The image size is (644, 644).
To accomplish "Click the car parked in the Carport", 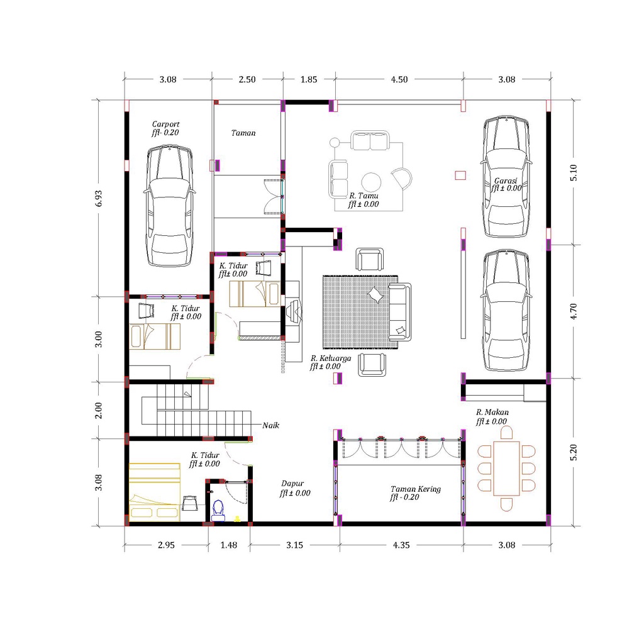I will (x=169, y=206).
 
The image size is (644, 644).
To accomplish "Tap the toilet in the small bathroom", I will (x=218, y=508).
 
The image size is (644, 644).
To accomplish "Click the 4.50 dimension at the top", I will (x=399, y=79).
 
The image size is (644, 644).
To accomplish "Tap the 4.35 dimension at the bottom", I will (x=401, y=545).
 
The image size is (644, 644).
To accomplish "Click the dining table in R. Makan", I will (x=506, y=468).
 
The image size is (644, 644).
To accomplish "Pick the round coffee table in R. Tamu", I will (x=371, y=181).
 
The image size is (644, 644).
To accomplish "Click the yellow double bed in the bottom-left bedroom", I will (x=154, y=492).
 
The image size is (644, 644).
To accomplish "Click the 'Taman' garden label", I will (x=243, y=133).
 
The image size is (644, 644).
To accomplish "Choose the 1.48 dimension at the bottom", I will (x=228, y=545).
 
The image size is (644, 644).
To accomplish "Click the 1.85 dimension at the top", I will (x=308, y=79).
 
